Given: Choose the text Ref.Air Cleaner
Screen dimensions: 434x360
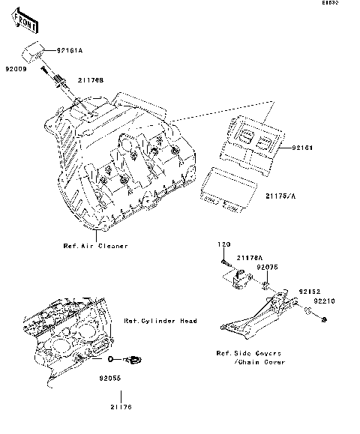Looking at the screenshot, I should pos(95,246).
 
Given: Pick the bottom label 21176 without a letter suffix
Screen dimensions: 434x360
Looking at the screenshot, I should pos(121,407).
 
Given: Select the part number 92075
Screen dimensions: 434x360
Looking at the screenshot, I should pos(268,267).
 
